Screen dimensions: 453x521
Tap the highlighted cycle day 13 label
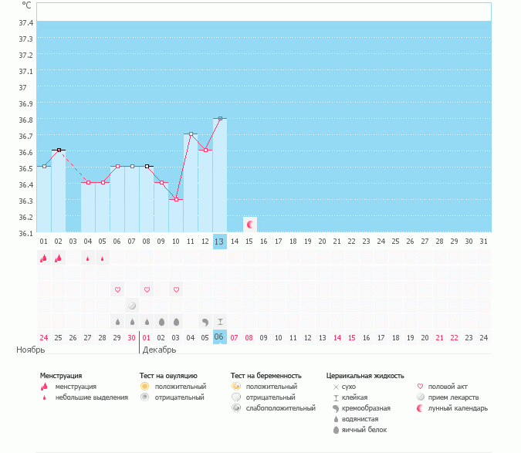[x=219, y=242]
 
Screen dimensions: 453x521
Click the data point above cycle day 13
[x=220, y=119]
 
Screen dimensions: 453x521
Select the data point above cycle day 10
[x=176, y=199]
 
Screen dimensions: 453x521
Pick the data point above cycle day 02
[x=59, y=150]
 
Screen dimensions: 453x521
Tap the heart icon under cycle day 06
[x=118, y=290]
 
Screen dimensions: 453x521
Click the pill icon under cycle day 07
[x=132, y=306]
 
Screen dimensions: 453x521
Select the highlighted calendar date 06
[x=219, y=337]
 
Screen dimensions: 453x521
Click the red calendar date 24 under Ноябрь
[x=44, y=337]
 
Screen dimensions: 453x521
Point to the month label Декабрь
[x=160, y=350]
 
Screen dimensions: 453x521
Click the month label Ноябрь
[x=31, y=350]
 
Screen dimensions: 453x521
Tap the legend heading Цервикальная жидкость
[x=365, y=376]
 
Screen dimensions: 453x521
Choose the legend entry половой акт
[x=448, y=387]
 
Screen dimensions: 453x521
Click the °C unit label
[x=27, y=5]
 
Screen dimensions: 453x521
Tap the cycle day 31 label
[x=483, y=242]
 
